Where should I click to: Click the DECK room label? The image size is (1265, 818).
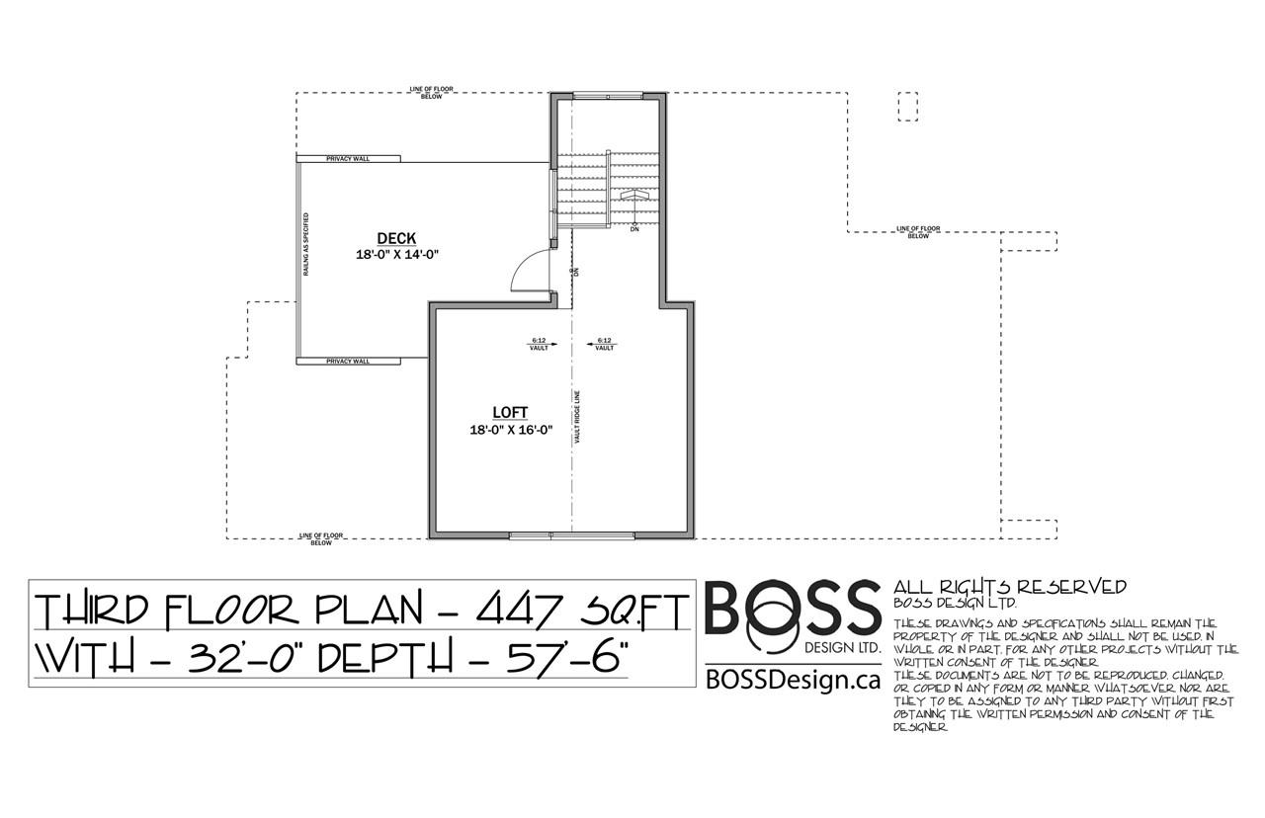click(396, 238)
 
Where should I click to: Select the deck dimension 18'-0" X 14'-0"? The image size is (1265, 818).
click(396, 254)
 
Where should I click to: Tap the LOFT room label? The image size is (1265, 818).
click(511, 412)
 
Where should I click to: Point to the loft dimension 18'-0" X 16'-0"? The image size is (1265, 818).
click(511, 429)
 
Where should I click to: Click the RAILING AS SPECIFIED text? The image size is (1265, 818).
click(306, 244)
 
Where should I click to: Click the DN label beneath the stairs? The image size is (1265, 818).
click(634, 229)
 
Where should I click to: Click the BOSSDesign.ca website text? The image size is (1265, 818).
click(793, 679)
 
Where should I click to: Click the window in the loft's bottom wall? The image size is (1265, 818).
click(572, 535)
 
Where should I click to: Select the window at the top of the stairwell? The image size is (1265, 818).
click(607, 96)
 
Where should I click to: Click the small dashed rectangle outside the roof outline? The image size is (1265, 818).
click(906, 106)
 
